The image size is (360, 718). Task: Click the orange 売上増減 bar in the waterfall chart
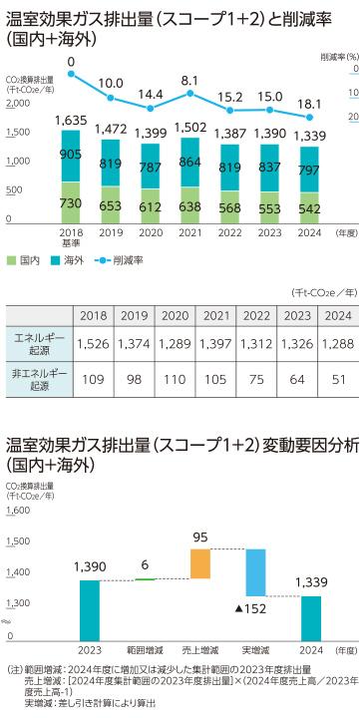(200, 563)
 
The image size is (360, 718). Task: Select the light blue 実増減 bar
(256, 572)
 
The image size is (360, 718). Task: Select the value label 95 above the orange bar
(200, 538)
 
